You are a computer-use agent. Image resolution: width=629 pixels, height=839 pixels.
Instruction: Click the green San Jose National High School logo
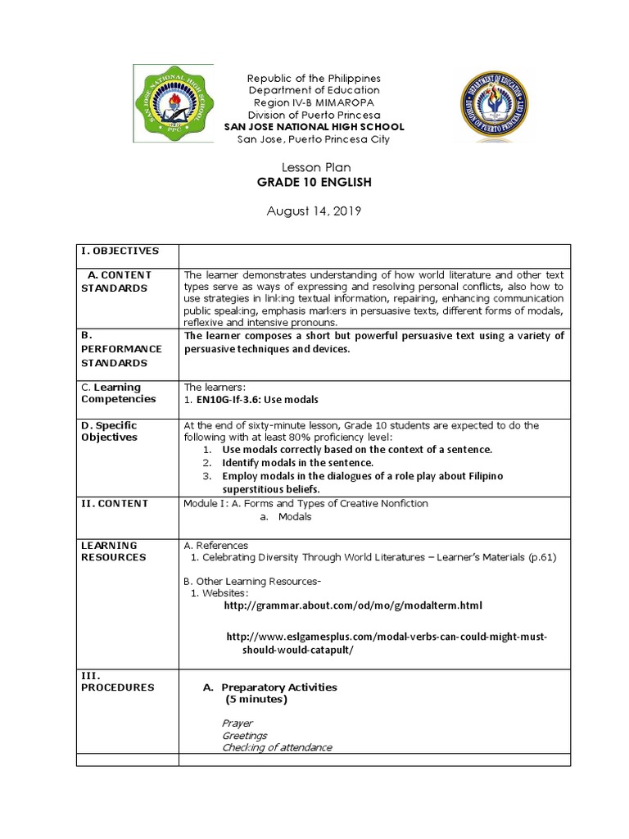tap(174, 104)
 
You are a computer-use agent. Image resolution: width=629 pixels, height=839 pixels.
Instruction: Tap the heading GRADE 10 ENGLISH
tap(314, 182)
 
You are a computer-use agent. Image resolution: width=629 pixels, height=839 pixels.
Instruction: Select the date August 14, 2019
tap(314, 211)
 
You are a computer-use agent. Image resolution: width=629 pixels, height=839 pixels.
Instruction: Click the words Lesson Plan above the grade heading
tap(314, 167)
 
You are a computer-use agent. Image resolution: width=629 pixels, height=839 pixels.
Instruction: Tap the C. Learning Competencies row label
tap(118, 393)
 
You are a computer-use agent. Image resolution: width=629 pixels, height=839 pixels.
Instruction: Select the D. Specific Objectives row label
tap(110, 431)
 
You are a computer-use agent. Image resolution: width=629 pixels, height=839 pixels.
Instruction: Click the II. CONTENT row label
tap(114, 503)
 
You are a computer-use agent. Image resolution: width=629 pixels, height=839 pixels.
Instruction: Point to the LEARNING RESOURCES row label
tap(109, 551)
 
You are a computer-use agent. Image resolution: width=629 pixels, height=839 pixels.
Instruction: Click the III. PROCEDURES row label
tap(117, 682)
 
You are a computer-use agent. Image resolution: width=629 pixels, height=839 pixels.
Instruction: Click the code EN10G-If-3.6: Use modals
tap(257, 399)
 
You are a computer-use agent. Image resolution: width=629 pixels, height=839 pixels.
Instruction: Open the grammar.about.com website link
tap(353, 605)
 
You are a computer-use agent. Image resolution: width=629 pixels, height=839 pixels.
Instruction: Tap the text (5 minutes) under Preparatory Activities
tap(256, 700)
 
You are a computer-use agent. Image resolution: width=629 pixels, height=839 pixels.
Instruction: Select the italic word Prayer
tap(238, 723)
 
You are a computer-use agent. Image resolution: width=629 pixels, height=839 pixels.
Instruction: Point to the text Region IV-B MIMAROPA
tap(314, 102)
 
